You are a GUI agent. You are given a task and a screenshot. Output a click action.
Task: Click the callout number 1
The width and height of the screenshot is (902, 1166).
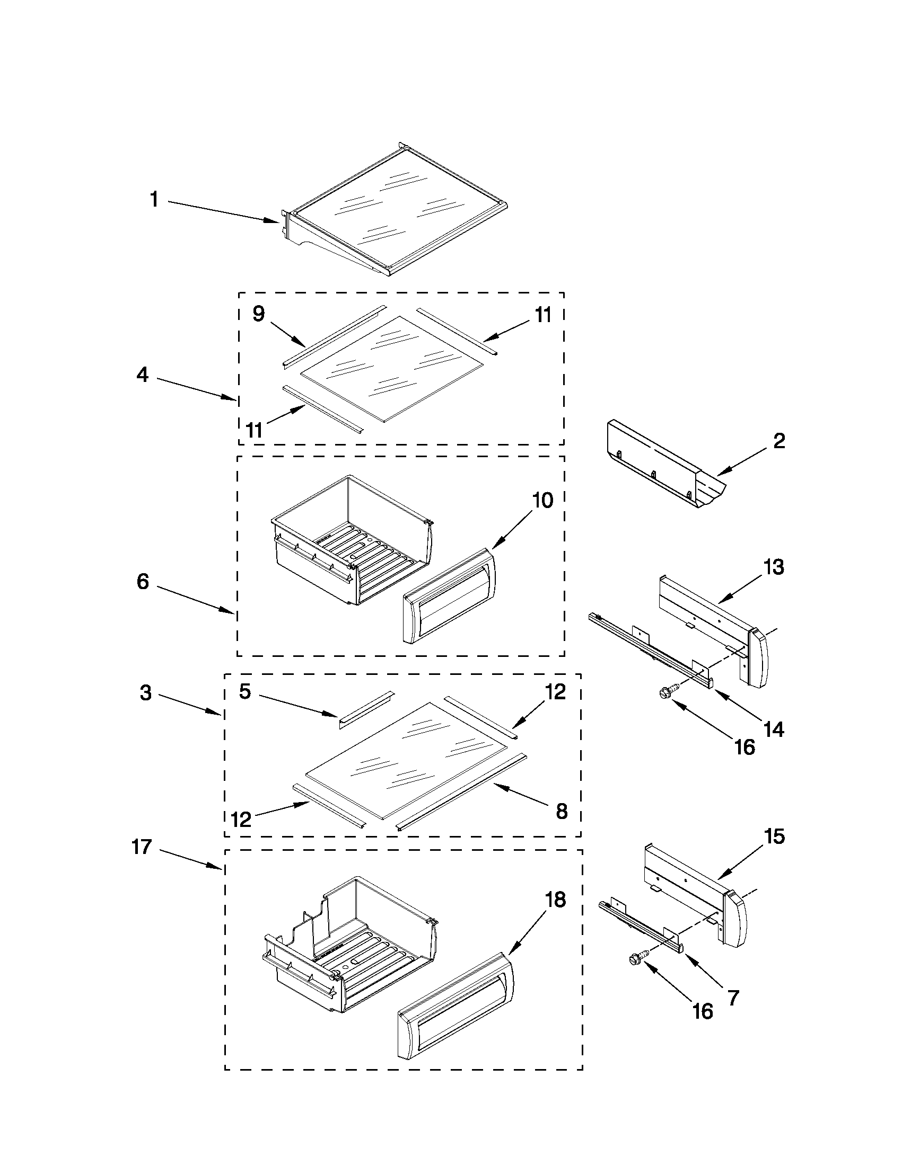pos(154,200)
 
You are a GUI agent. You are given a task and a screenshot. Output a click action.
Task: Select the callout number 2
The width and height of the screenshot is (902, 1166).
pos(779,441)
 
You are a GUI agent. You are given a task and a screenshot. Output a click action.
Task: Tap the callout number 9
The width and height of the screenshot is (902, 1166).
pos(258,314)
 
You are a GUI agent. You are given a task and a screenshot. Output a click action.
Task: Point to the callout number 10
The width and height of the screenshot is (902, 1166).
pos(542,501)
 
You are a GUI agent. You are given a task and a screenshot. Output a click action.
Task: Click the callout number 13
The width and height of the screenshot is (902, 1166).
pos(773,567)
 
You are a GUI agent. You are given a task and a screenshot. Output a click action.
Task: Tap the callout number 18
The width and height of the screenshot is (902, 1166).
pos(555,900)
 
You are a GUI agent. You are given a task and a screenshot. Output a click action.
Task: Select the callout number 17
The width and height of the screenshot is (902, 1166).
pos(142,847)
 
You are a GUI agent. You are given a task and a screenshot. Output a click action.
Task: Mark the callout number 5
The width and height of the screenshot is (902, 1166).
pos(244,691)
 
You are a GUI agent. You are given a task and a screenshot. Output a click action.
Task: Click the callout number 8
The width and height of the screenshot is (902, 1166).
pos(562,811)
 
